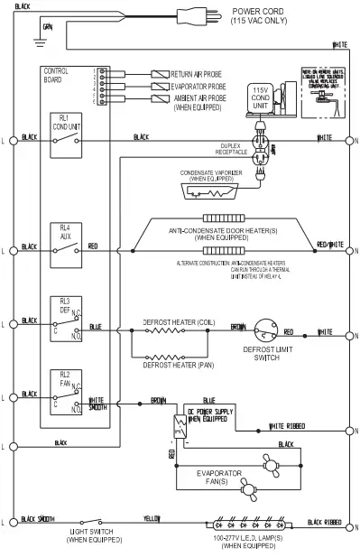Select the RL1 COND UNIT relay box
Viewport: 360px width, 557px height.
coord(69,137)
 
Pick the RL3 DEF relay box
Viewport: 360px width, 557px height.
coord(69,321)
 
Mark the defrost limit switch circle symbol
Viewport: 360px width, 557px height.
coord(265,333)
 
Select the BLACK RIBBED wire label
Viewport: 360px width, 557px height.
coord(324,521)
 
